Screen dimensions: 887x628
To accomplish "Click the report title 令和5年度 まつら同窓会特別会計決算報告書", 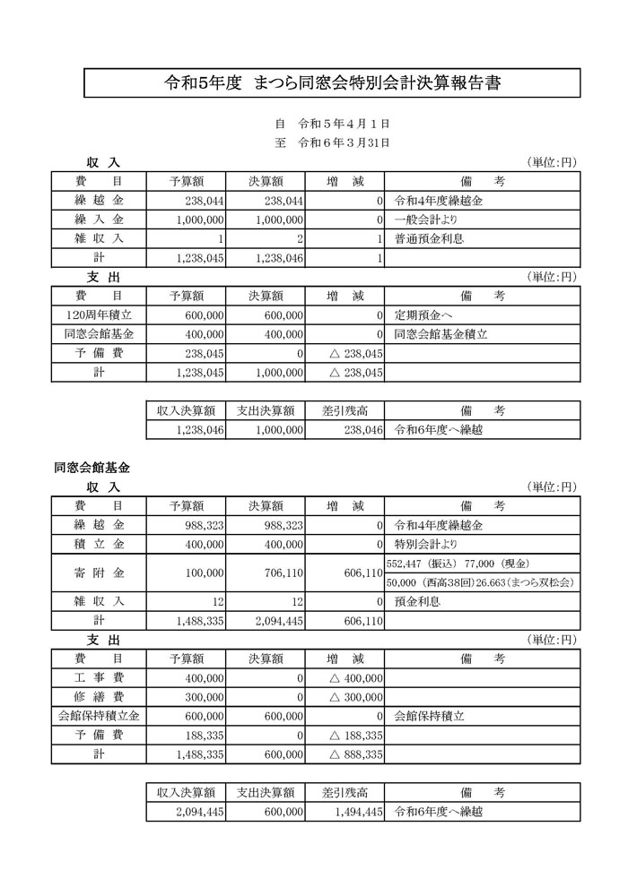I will tap(332, 83).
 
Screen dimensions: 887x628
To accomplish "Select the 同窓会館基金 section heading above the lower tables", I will tap(92, 468).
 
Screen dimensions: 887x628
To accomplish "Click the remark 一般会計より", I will tap(427, 220).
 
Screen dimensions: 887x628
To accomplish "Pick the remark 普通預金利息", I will tap(430, 239).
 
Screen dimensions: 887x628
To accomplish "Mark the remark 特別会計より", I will tap(427, 544).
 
